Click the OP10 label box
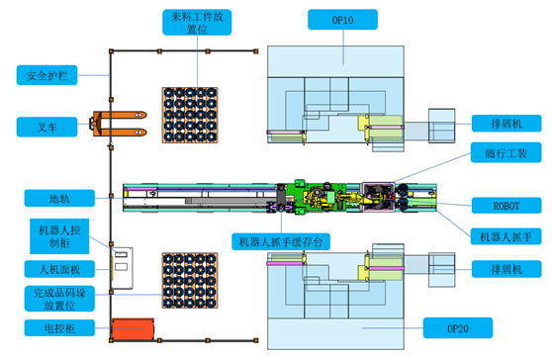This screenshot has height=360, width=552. [x=342, y=20]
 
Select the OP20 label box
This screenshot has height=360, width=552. [x=458, y=328]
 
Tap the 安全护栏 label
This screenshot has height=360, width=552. [x=46, y=75]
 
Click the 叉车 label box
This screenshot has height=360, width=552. [x=46, y=127]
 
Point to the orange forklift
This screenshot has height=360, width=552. [x=118, y=124]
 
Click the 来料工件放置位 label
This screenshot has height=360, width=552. [x=197, y=22]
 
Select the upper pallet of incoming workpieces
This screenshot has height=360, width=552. [x=190, y=115]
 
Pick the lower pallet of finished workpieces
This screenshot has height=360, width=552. [x=190, y=281]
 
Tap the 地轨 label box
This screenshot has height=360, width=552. [x=59, y=198]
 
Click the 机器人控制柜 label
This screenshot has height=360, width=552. [x=59, y=236]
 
